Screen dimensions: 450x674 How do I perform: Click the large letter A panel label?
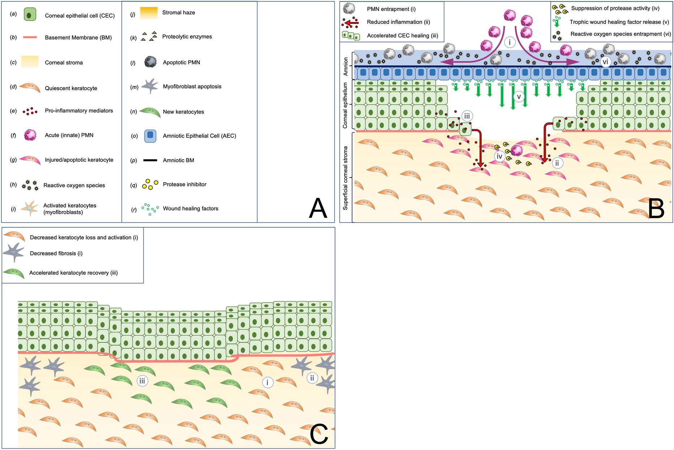tap(318, 208)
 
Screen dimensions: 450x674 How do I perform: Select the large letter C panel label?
tap(319, 434)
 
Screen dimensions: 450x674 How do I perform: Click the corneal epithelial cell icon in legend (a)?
tap(30, 15)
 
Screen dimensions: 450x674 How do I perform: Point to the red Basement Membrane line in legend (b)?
tap(30, 37)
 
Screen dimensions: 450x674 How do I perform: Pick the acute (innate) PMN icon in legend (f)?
tap(30, 135)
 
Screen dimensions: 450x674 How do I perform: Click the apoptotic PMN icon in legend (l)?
tap(150, 62)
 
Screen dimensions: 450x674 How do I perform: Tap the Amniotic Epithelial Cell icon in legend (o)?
tap(150, 136)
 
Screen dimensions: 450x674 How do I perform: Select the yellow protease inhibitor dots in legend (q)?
tap(150, 184)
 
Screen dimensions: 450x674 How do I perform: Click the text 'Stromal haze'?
tap(179, 13)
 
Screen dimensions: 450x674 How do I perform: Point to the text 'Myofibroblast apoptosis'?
tap(192, 87)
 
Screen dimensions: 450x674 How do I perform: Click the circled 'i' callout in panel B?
tap(510, 42)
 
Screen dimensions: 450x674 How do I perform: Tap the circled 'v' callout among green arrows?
tap(519, 97)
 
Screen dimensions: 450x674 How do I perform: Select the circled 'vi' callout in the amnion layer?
tap(605, 62)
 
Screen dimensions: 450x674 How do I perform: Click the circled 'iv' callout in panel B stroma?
tap(499, 156)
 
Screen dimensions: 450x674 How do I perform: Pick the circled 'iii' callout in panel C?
tap(142, 381)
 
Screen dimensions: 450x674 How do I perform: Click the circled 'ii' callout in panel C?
tap(312, 378)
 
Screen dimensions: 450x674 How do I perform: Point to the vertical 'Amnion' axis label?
tap(346, 66)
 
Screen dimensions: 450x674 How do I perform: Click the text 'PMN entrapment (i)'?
tap(391, 9)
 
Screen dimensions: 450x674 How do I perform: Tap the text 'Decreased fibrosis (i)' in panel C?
tap(56, 253)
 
